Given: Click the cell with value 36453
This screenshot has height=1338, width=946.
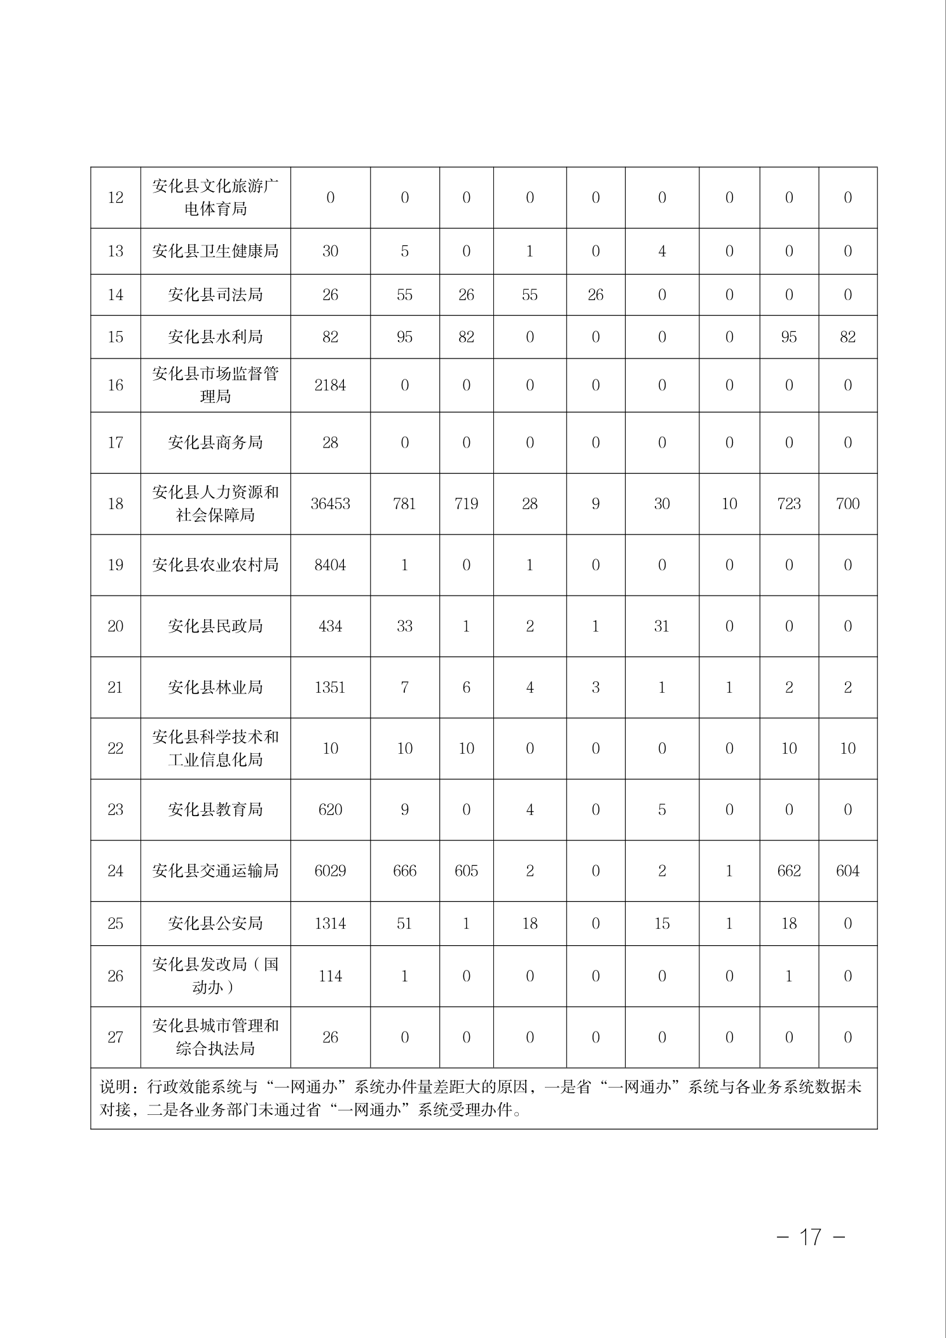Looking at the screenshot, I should (330, 504).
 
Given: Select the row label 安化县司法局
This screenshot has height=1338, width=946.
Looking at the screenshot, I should (215, 295).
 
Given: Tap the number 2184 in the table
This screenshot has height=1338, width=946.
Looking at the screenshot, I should (330, 385).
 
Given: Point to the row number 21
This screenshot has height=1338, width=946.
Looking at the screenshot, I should (115, 687).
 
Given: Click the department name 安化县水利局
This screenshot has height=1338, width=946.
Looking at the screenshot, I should (215, 337).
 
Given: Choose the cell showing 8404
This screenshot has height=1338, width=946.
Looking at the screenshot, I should (330, 565).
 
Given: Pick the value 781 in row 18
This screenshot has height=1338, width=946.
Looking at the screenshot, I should (404, 504).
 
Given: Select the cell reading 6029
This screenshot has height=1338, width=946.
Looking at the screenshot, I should (330, 871).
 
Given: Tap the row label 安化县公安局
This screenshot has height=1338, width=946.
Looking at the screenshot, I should (215, 924).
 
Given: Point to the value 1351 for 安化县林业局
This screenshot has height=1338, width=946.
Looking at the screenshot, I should (330, 687).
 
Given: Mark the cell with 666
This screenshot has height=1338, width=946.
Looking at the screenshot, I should (404, 871).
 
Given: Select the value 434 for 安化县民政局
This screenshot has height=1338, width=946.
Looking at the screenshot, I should (330, 626).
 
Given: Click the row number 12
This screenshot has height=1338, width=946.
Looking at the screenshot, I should (115, 198).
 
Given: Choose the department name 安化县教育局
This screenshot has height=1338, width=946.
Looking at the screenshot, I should (215, 810).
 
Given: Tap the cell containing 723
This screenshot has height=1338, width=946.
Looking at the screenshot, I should (788, 504).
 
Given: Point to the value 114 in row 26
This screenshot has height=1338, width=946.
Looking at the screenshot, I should (330, 976).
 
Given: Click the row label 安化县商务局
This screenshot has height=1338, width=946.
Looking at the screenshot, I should (215, 443).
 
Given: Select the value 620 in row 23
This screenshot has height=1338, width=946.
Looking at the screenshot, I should (330, 810).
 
